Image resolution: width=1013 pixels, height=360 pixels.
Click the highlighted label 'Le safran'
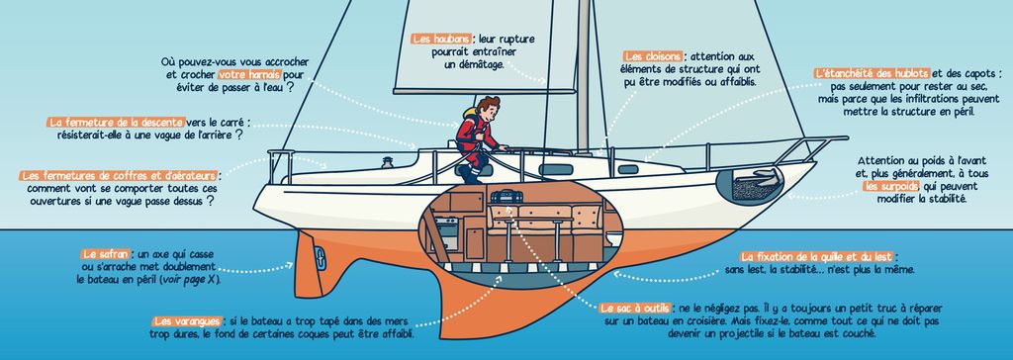[x=103, y=254]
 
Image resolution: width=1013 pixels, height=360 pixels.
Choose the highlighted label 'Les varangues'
[x=187, y=321]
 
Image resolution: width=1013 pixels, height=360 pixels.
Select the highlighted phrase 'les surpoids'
[x=891, y=186]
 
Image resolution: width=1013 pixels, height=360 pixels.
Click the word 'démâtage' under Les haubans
[x=475, y=64]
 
